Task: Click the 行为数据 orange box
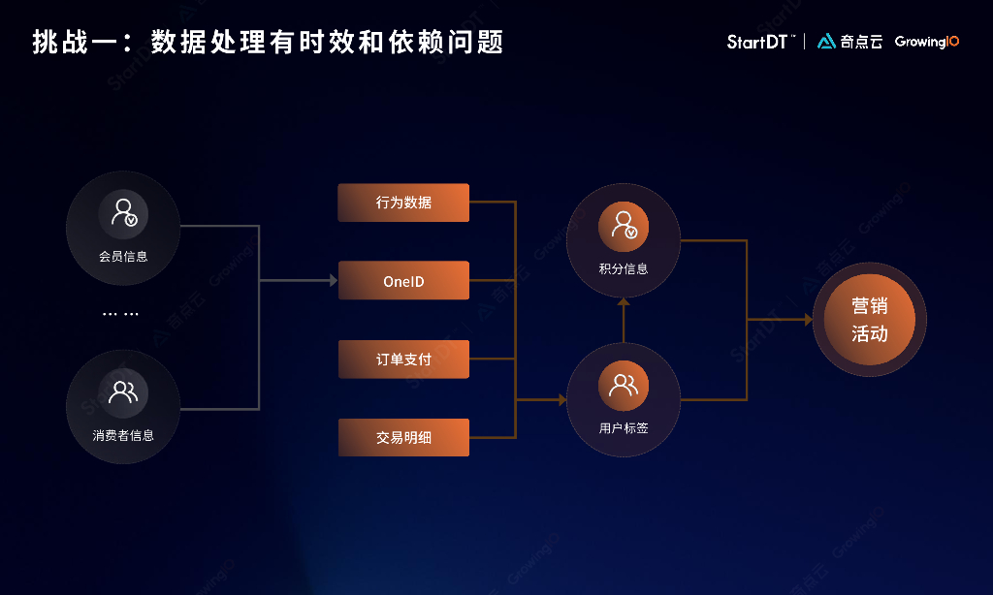tap(403, 203)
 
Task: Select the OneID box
tap(403, 281)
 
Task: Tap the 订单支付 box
tap(403, 360)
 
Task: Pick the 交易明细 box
tap(403, 437)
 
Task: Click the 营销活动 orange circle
tap(869, 320)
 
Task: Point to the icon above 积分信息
tap(624, 225)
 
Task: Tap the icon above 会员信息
tap(123, 213)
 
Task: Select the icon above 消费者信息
tap(123, 391)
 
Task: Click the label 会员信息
tap(123, 257)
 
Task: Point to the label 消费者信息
tap(123, 435)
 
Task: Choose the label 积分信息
tap(624, 268)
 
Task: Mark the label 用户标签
tap(624, 427)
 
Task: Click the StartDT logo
tap(761, 42)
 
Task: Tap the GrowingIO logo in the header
tap(927, 42)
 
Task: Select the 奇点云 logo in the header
tap(849, 42)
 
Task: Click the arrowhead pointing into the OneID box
tap(332, 281)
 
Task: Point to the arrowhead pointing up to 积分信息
tap(624, 302)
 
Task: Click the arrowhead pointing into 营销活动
tap(807, 320)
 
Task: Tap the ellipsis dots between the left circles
tap(121, 314)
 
